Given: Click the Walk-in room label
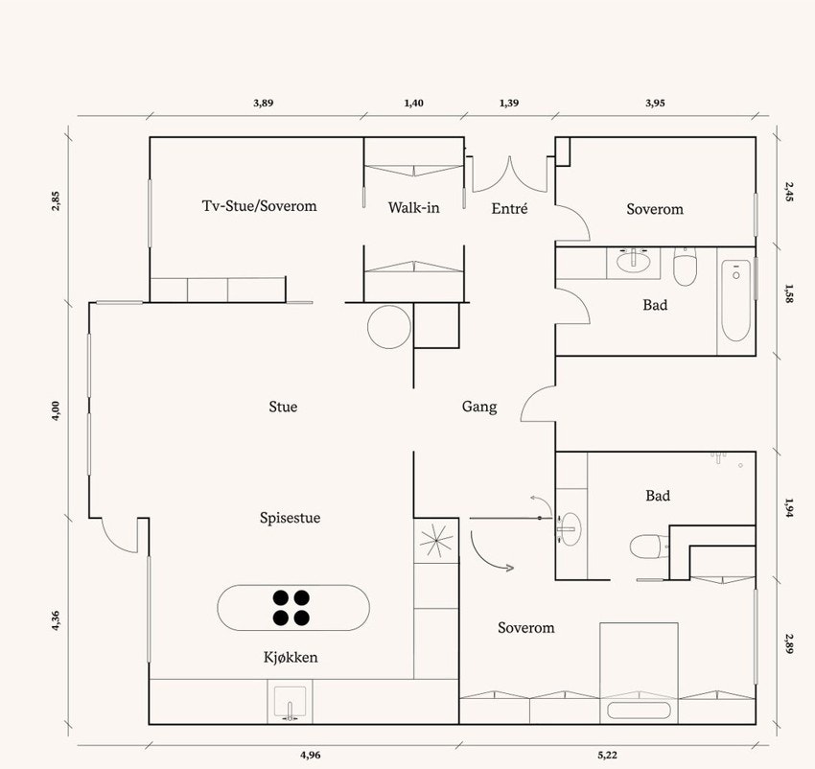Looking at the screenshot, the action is [x=414, y=208].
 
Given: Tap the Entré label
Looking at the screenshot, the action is [x=509, y=208].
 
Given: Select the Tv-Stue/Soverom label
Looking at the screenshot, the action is [x=260, y=206].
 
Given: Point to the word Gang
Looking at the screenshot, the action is [x=479, y=407].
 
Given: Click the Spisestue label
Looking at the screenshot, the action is [x=290, y=518].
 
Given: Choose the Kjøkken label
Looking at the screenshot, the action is [x=291, y=657].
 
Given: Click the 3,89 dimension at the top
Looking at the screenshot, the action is [x=263, y=103].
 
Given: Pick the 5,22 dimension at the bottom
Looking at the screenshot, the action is [x=607, y=755].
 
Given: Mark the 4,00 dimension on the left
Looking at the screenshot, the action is [x=57, y=410].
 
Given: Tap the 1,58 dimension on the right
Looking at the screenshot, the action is [x=789, y=293].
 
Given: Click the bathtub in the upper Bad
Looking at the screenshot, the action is [x=736, y=301].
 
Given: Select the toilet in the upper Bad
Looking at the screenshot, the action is [x=685, y=267].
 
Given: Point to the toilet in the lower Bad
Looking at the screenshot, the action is [x=644, y=547].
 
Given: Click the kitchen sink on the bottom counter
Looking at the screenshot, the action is [x=290, y=702].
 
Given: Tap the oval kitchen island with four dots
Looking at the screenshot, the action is [x=293, y=608].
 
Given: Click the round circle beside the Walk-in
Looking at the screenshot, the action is [x=388, y=327].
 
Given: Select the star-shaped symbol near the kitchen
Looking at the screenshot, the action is [x=436, y=541].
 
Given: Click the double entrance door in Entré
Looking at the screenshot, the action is [x=510, y=174].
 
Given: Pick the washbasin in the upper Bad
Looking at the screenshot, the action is [x=633, y=261].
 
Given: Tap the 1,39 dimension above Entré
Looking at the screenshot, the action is [x=509, y=103].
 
